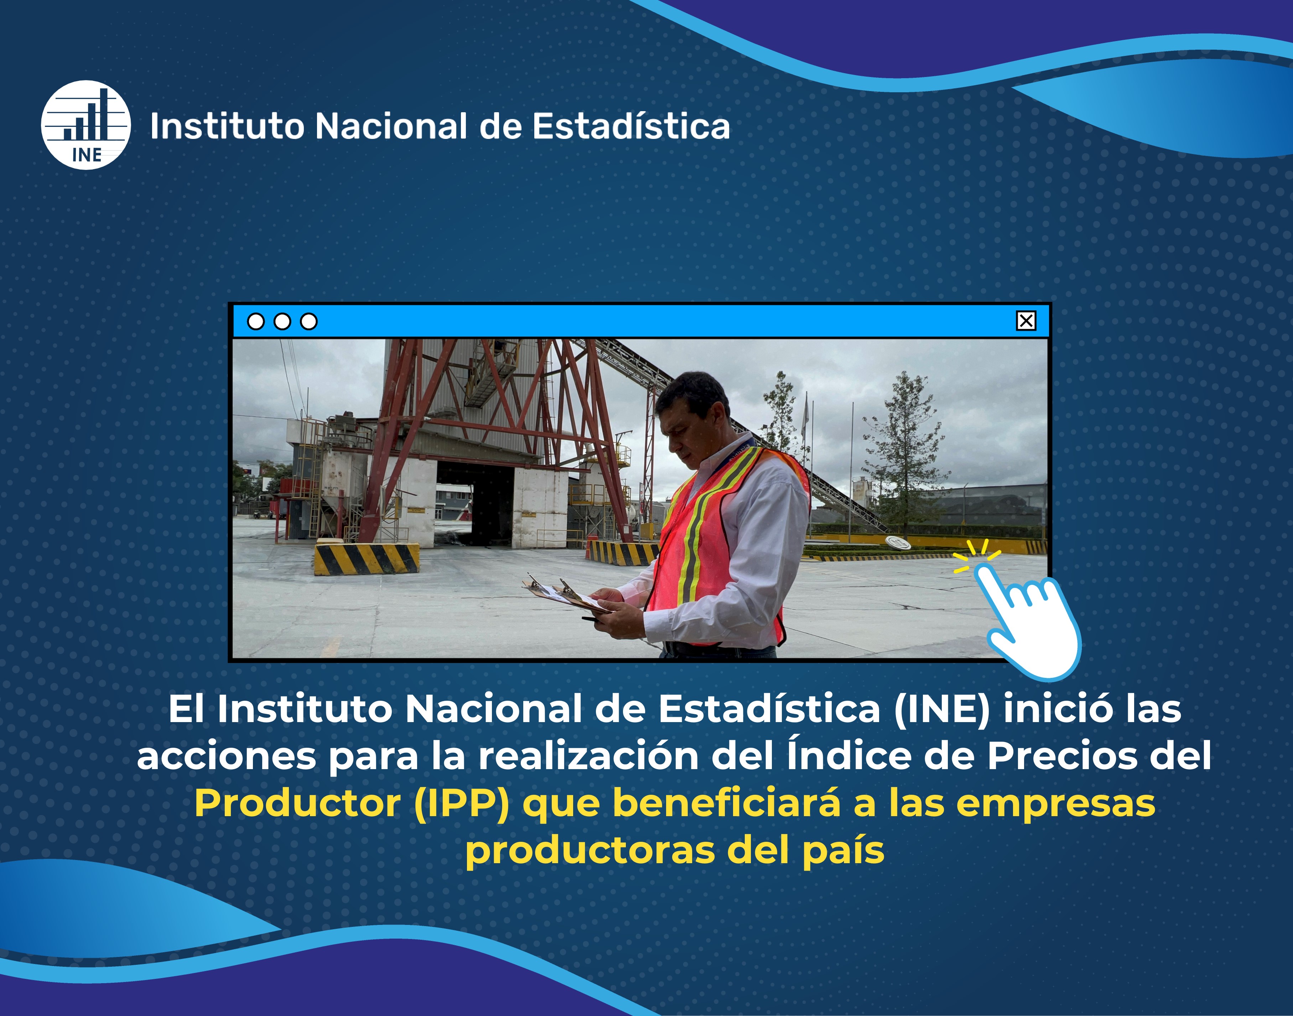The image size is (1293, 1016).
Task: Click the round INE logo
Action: [x=85, y=125]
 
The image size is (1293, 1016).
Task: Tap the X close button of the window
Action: [x=1025, y=321]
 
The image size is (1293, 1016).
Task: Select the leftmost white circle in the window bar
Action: [x=256, y=322]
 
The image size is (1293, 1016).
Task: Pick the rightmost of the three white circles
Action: [x=309, y=322]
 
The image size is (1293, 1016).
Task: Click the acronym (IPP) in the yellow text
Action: [x=462, y=804]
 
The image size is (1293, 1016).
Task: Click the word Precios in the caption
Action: [x=1061, y=756]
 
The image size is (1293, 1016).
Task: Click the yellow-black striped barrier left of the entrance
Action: [x=366, y=559]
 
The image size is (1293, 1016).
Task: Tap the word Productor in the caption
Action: [x=297, y=804]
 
